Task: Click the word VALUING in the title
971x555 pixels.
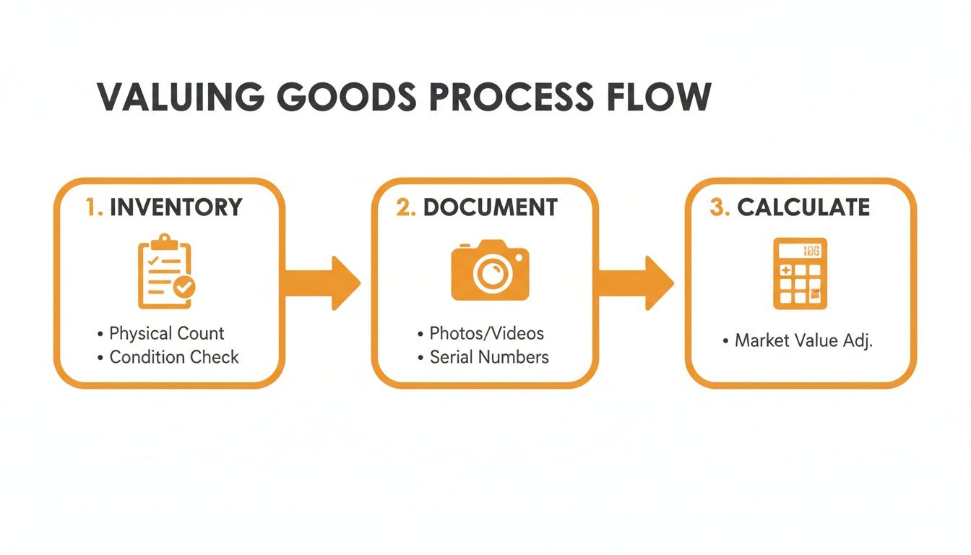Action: coord(179,97)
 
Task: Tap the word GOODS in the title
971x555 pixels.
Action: coord(349,97)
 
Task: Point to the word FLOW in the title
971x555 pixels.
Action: coord(663,97)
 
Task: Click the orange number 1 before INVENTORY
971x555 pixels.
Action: coord(92,207)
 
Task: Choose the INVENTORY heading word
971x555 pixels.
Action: coord(176,207)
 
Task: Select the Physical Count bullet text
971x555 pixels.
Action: coord(166,333)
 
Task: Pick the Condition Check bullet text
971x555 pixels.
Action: coord(173,356)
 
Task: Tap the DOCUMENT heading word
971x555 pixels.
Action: coord(490,207)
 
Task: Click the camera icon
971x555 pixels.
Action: coord(490,271)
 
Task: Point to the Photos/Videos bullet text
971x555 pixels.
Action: coord(486,333)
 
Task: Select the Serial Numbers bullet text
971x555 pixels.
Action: coord(489,356)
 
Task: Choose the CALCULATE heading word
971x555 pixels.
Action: coord(803,207)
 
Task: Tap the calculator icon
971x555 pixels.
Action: coord(800,273)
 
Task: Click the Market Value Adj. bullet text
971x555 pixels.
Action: coord(803,340)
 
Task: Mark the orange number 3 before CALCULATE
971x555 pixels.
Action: coord(718,207)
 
